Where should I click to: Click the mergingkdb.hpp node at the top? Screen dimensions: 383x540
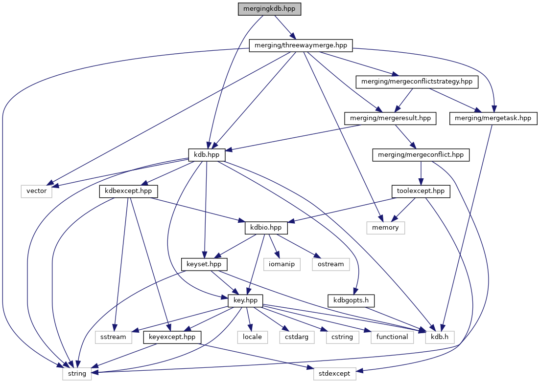[269, 9]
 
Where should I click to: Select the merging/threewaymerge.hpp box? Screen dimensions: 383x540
[301, 45]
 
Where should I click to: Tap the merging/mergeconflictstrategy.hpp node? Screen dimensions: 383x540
[417, 82]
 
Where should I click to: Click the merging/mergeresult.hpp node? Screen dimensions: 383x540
[390, 118]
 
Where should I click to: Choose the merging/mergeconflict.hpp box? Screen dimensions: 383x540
[421, 155]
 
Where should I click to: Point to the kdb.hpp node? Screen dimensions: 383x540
[207, 155]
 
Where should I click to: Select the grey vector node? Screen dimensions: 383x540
[37, 191]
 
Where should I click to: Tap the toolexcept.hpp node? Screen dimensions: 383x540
[420, 191]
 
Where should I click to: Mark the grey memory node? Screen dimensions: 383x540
[386, 227]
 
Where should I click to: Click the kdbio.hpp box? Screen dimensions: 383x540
[266, 227]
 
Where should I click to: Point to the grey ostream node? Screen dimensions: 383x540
[331, 264]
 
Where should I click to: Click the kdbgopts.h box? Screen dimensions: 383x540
[351, 300]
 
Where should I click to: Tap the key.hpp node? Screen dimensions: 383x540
[246, 300]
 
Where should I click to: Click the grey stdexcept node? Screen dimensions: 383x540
[335, 373]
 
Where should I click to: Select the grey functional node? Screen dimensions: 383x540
[392, 337]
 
